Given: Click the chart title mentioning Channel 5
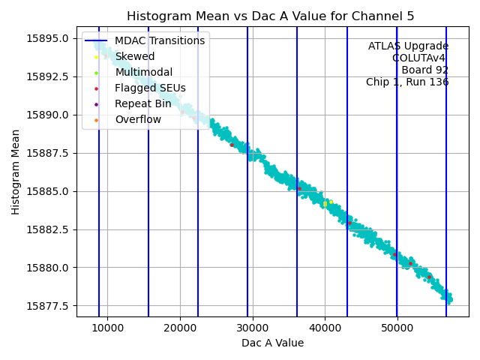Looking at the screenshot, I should [270, 16].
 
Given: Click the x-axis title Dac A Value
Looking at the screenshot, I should [272, 343].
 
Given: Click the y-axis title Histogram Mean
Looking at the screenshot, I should [16, 172].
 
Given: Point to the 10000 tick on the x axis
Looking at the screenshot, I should [107, 328].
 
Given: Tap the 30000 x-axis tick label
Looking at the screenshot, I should [252, 328].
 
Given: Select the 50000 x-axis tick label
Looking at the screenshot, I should [397, 328].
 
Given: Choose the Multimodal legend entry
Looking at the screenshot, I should [143, 72].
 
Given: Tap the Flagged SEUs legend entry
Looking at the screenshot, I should [150, 88].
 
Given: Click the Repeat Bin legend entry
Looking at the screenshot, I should [142, 103].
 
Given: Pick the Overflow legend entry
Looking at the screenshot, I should [138, 119].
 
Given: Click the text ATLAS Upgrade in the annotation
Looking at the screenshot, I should [408, 46].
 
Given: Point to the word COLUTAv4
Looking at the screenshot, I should [420, 58].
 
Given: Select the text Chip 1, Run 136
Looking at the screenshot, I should [407, 82].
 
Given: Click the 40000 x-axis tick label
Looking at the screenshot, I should [325, 328].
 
